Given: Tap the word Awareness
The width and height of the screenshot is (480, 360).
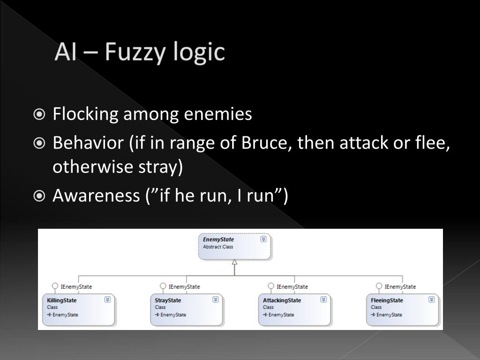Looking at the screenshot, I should [96, 195].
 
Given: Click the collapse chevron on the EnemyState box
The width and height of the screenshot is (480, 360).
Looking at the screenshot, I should [263, 239].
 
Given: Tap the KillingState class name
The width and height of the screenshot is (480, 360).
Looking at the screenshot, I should [62, 300].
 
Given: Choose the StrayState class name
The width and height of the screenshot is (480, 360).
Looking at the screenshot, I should [168, 300].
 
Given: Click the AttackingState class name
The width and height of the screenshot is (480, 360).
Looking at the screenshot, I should [282, 300].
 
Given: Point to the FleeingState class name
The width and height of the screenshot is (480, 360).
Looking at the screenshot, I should [387, 300].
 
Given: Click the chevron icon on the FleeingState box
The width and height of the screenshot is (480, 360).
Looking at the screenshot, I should [431, 300].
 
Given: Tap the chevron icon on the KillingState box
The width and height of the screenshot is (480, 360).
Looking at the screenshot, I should [107, 300].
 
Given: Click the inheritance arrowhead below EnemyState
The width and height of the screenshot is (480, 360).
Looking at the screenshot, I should [234, 262].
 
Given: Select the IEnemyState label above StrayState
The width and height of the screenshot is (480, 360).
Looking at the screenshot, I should [184, 286].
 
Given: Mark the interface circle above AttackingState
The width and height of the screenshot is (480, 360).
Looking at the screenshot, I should [271, 286].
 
